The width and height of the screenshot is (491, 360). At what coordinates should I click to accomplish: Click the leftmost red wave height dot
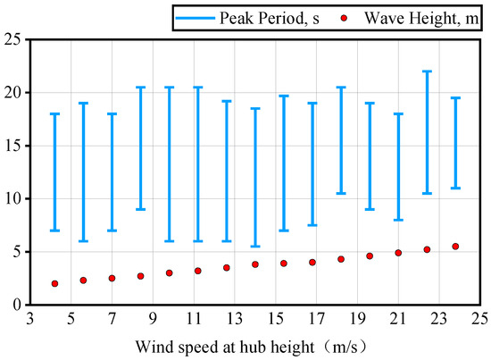[x=55, y=284]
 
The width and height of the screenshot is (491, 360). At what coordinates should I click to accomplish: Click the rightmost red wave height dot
[x=455, y=247]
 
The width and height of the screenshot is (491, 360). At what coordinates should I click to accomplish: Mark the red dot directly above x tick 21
[x=398, y=253]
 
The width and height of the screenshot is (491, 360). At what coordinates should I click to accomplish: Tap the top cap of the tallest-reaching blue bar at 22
[x=427, y=71]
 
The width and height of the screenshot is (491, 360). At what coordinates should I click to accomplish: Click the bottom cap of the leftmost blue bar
[x=55, y=230]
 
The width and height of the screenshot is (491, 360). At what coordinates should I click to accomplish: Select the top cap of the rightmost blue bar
[x=455, y=98]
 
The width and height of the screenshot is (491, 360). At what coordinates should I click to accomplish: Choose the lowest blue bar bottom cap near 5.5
[x=255, y=247]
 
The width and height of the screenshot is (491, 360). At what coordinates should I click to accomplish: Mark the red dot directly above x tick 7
[x=112, y=279]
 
